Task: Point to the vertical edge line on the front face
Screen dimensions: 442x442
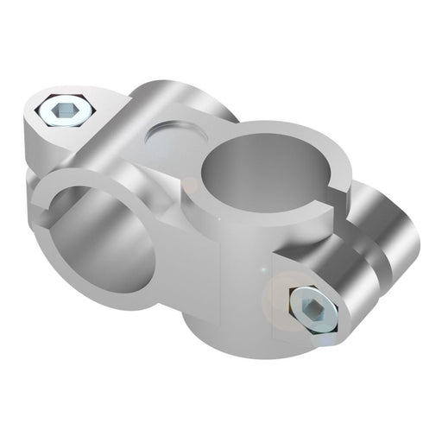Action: pos(222,285)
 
